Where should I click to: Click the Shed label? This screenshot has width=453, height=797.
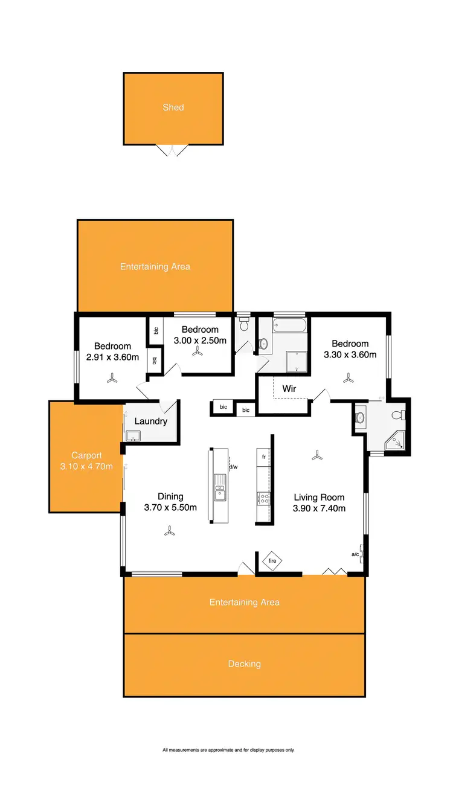coord(173,107)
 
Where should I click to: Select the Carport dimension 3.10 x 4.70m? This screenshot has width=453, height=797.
coord(86,466)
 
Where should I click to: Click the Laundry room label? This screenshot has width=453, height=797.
coord(151,421)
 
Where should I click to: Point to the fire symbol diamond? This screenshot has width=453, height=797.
coord(272,562)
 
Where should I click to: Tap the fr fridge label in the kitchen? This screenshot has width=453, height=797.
coord(264,457)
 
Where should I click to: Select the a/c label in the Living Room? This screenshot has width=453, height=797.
coord(356,554)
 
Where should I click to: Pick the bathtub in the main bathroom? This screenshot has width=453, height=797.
coord(289,327)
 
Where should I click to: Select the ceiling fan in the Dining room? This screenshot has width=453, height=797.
coord(170,531)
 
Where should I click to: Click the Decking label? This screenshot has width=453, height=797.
coord(245,664)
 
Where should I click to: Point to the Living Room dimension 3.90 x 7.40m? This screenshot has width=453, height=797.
coord(320,508)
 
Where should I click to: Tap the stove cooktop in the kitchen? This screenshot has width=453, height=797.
coord(264,498)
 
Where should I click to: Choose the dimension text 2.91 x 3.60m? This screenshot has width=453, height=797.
coord(113,357)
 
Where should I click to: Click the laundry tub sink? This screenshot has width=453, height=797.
coord(133,435)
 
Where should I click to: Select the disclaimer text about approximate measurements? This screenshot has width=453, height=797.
coord(228,750)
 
